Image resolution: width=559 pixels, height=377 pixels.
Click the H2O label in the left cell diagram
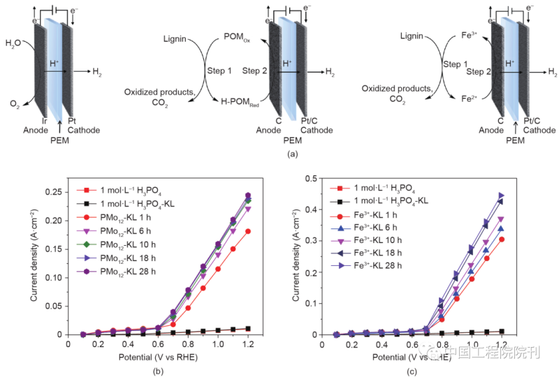click(x=14, y=45)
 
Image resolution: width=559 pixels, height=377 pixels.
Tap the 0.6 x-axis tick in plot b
click(x=158, y=344)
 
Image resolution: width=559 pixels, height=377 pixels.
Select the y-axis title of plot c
click(x=296, y=257)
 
